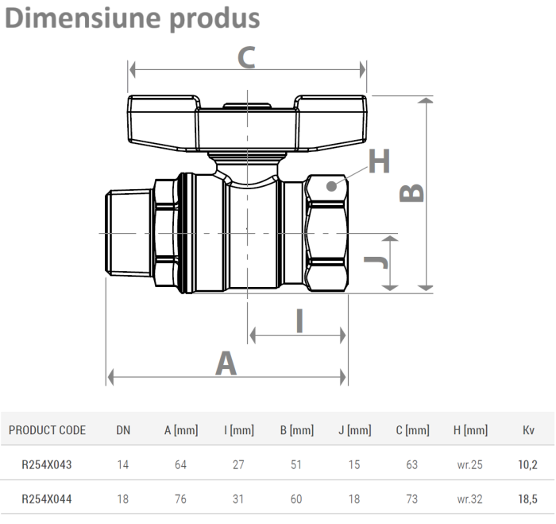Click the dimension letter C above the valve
click(x=247, y=56)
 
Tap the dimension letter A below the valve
click(x=226, y=363)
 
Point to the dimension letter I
click(x=299, y=320)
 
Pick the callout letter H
click(x=379, y=161)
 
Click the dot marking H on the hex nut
click(x=330, y=184)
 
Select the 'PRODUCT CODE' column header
click(x=47, y=430)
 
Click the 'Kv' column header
click(x=527, y=430)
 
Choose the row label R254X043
click(x=47, y=464)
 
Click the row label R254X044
click(x=47, y=499)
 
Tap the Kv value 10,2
click(x=527, y=464)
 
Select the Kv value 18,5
click(x=527, y=499)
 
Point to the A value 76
click(x=180, y=499)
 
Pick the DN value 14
click(x=123, y=464)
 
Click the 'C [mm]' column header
click(x=411, y=430)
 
